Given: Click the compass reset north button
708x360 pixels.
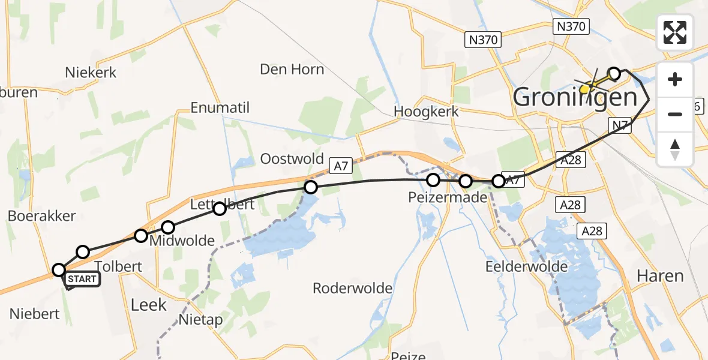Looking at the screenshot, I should pos(675,149).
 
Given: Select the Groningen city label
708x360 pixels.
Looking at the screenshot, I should pos(575,97).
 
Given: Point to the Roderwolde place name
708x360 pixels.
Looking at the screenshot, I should pos(353,289).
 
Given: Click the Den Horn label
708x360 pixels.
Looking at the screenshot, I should pos(292,70).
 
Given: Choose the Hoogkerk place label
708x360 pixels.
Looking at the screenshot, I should pos(426,112).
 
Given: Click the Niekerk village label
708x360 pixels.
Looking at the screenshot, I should pos(91,73).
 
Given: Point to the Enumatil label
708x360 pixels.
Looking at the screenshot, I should pos(220,108).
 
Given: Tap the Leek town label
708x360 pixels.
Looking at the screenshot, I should pos(148,305).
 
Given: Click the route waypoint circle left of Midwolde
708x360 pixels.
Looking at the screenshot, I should pos(140,236).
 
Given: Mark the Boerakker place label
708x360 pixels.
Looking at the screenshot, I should pos(42,216).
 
